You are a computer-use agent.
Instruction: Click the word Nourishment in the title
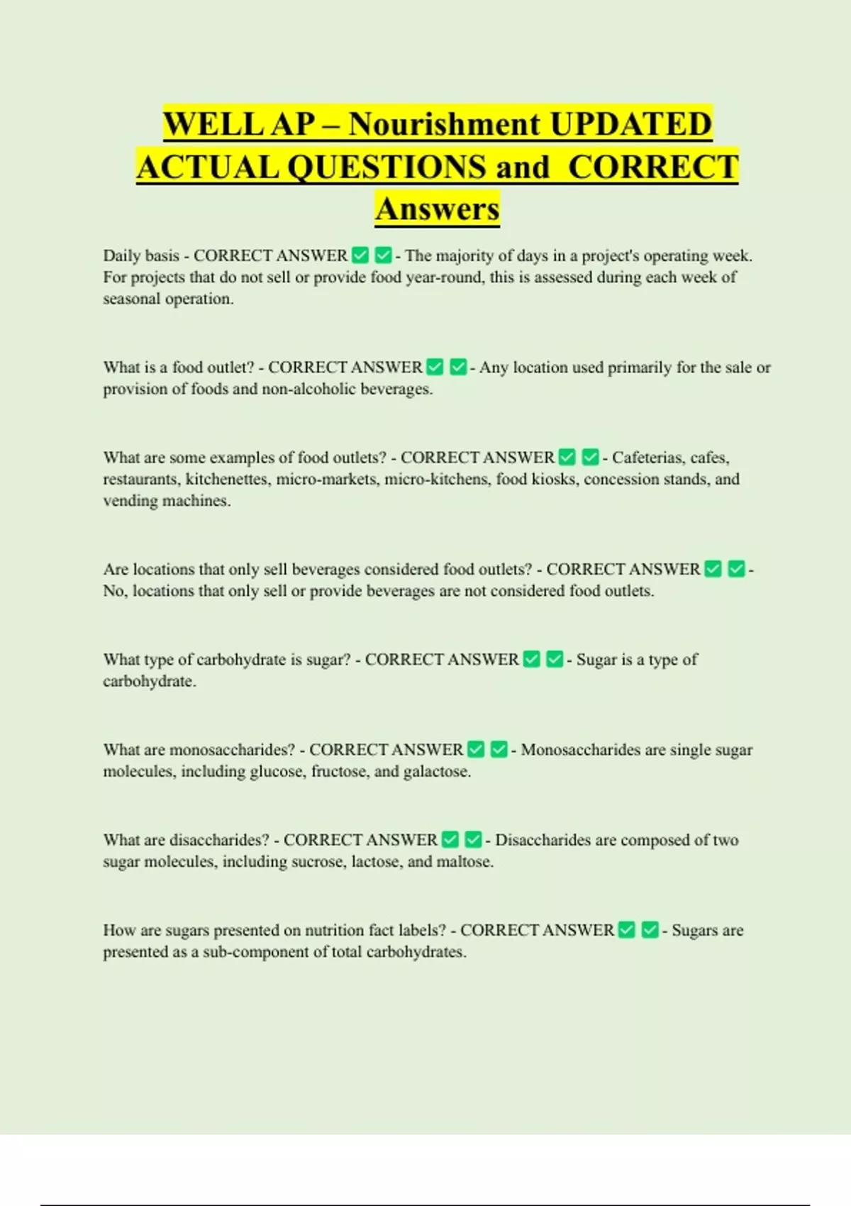pos(444,124)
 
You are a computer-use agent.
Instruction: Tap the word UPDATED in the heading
pos(630,124)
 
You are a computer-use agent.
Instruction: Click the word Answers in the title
pos(438,209)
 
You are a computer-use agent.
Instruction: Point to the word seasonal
pos(132,299)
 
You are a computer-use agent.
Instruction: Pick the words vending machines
pos(167,501)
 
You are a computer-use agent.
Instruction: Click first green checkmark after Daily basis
pos(360,255)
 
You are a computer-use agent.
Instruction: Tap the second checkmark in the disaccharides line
pos(473,840)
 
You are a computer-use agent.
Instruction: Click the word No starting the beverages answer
pos(113,591)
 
